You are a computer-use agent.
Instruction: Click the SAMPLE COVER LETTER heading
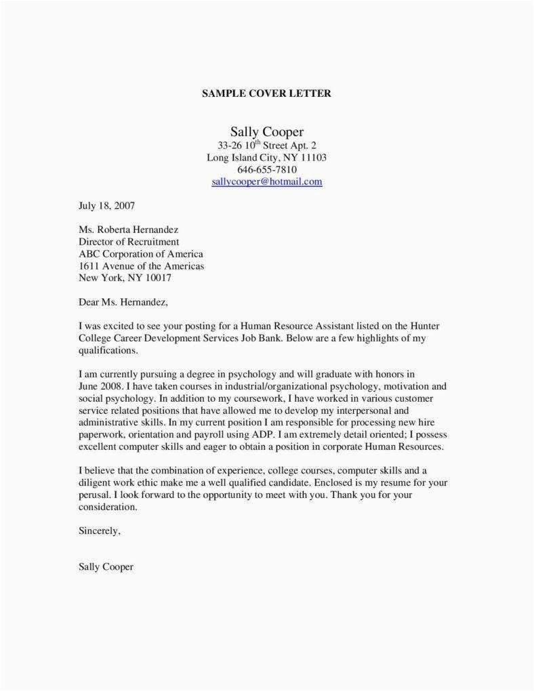[x=266, y=93]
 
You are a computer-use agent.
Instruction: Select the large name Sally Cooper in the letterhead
[x=266, y=131]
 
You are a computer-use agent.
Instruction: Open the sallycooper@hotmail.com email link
[x=266, y=182]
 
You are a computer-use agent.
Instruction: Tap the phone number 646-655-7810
[x=266, y=169]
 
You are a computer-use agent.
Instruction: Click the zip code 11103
[x=312, y=157]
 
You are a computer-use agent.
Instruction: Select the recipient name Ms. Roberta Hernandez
[x=129, y=229]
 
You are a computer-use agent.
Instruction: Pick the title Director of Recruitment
[x=129, y=241]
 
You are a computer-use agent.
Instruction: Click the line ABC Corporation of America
[x=140, y=253]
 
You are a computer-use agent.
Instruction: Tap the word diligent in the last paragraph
[x=95, y=482]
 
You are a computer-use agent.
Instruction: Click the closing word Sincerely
[x=99, y=531]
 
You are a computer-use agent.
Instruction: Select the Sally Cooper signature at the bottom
[x=106, y=567]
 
